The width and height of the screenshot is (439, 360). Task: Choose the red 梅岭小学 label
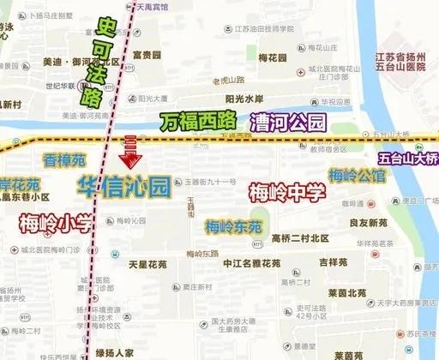tap(55, 225)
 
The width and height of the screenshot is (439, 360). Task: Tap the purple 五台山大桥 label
tap(408, 158)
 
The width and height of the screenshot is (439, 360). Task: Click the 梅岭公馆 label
tap(358, 177)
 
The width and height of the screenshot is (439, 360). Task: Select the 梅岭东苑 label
tap(232, 227)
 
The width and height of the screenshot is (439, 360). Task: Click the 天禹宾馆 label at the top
tap(154, 5)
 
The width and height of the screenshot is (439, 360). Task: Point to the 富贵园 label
tap(147, 54)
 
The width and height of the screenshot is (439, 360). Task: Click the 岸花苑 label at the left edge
tap(20, 185)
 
